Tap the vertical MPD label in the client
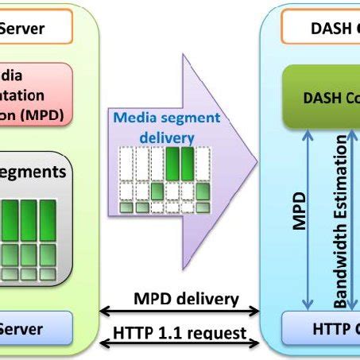tap(300, 210)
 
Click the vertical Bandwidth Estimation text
tap(340, 223)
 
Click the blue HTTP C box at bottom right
tap(321, 329)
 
